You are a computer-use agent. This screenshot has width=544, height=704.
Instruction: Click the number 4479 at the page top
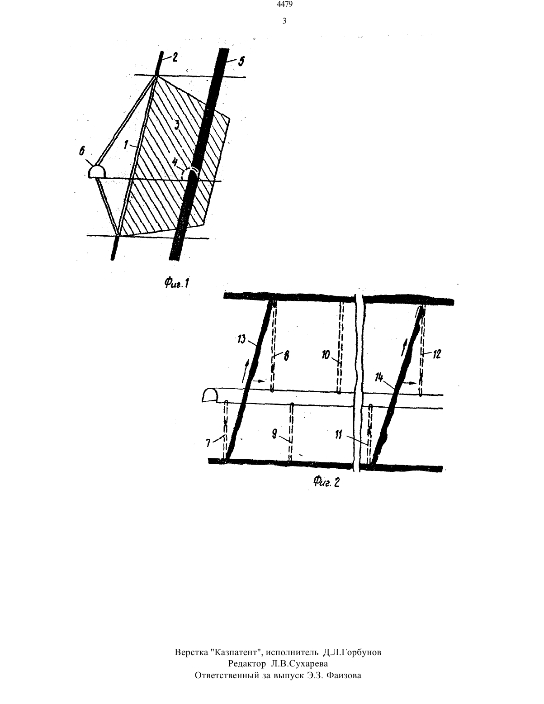284,4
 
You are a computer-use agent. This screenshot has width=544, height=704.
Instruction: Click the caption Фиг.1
176,283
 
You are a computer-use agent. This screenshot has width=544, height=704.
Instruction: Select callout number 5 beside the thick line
241,61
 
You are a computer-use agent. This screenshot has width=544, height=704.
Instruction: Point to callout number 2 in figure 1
175,58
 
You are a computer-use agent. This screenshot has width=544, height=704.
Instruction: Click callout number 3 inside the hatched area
176,125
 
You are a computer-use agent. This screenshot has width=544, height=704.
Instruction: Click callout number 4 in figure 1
175,161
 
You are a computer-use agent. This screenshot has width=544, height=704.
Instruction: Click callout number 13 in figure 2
241,340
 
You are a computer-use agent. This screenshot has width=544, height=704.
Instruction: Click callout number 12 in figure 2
436,354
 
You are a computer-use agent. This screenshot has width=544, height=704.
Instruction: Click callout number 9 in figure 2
274,434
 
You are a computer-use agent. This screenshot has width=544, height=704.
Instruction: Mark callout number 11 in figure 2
338,435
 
